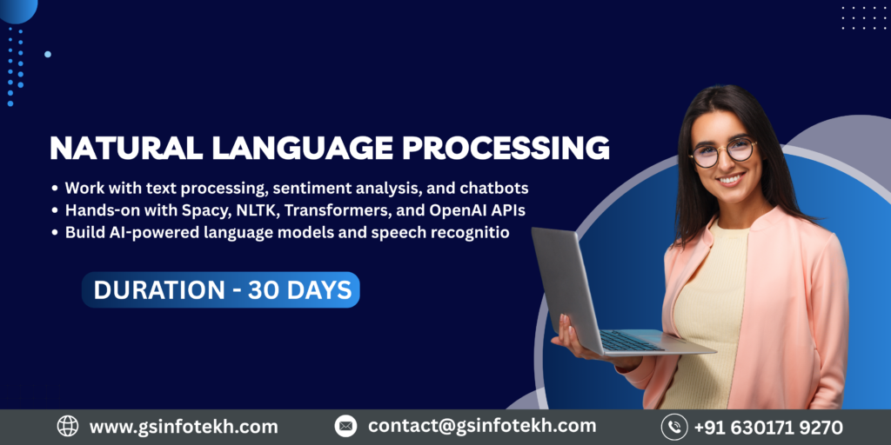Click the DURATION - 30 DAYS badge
tap(221, 290)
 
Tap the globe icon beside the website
tap(68, 427)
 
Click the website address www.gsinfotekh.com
tap(184, 427)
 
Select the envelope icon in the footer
tap(345, 427)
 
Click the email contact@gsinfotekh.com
tap(482, 427)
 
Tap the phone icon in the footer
tap(673, 427)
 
